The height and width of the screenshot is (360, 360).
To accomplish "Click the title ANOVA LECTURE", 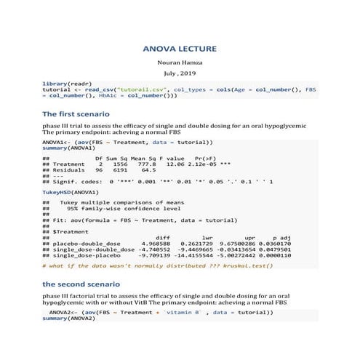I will pos(180,49).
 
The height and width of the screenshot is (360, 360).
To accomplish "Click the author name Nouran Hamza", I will pos(180,63).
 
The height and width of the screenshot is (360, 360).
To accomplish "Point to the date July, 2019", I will pos(180,74).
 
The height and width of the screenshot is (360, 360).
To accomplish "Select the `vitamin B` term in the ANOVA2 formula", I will pos(179,311).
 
